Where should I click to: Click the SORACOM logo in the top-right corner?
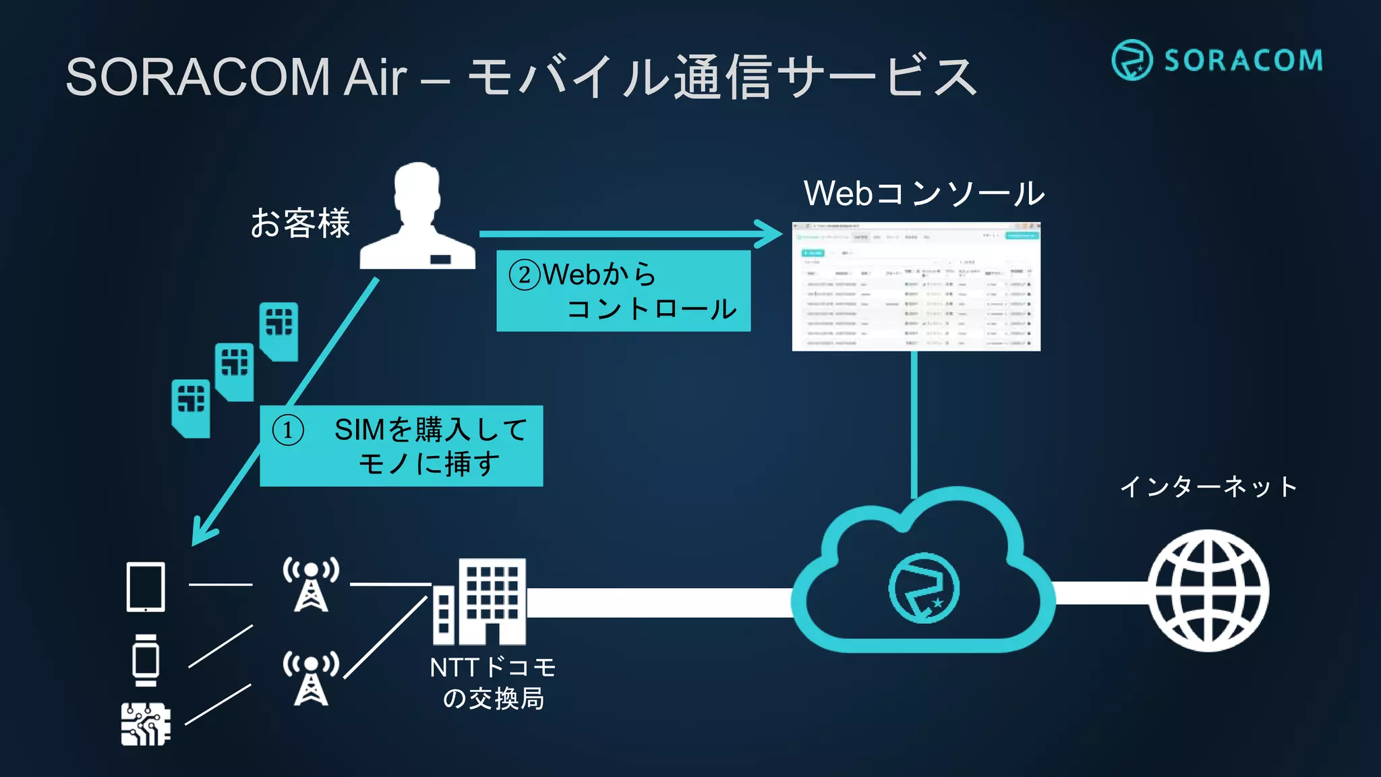tap(1216, 59)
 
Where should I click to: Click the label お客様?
tap(300, 223)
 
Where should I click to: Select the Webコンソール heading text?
tap(923, 194)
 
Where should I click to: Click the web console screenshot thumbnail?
tap(916, 286)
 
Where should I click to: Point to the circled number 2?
tap(524, 275)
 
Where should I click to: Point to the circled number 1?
tap(288, 430)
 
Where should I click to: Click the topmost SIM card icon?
tap(279, 330)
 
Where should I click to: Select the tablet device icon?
tap(146, 587)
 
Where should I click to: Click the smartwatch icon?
tap(146, 660)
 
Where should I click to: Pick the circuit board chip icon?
tap(145, 724)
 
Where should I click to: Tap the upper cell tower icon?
tap(311, 584)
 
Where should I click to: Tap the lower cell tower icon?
tap(311, 678)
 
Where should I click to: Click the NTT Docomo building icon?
tap(480, 602)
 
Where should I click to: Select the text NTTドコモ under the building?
tap(492, 668)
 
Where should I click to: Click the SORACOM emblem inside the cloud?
tap(923, 588)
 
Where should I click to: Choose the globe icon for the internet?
tap(1208, 590)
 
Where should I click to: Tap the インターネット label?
tap(1208, 486)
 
